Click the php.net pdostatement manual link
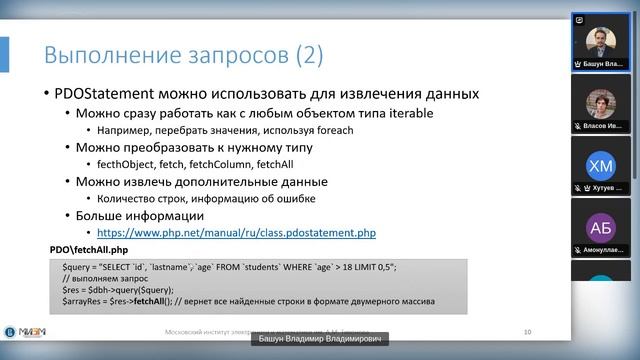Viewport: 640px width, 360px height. (236, 232)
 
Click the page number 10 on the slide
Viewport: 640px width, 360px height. (527, 332)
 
